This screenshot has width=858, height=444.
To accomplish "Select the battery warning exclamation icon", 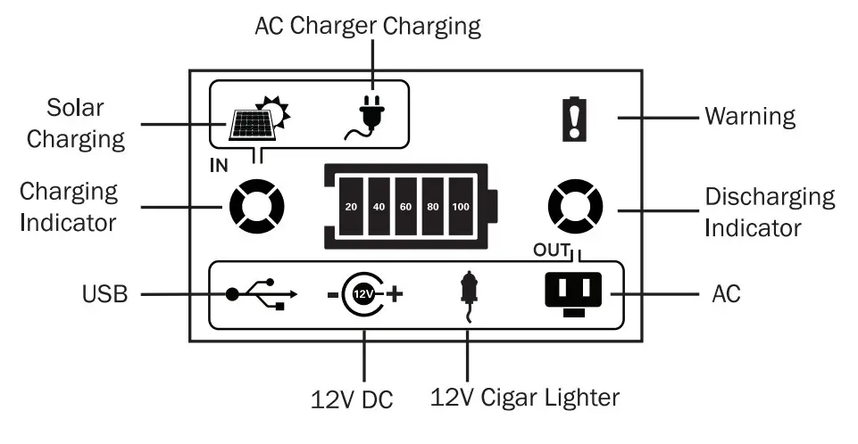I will point(571,119).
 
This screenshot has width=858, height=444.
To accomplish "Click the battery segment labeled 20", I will point(351,207).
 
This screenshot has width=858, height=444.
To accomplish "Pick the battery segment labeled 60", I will point(406,207).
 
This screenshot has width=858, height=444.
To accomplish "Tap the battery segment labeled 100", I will point(461,207).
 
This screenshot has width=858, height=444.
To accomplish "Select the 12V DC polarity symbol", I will point(363,292).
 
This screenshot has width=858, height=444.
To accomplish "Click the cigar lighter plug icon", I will point(465,292).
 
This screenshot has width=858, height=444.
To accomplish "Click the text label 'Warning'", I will point(750,117).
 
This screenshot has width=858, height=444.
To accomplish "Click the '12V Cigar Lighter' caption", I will point(524,396).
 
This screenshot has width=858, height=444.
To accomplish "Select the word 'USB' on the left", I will point(105,293).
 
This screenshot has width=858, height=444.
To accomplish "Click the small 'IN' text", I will point(218,165).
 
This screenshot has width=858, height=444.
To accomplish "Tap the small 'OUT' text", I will point(546,249).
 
